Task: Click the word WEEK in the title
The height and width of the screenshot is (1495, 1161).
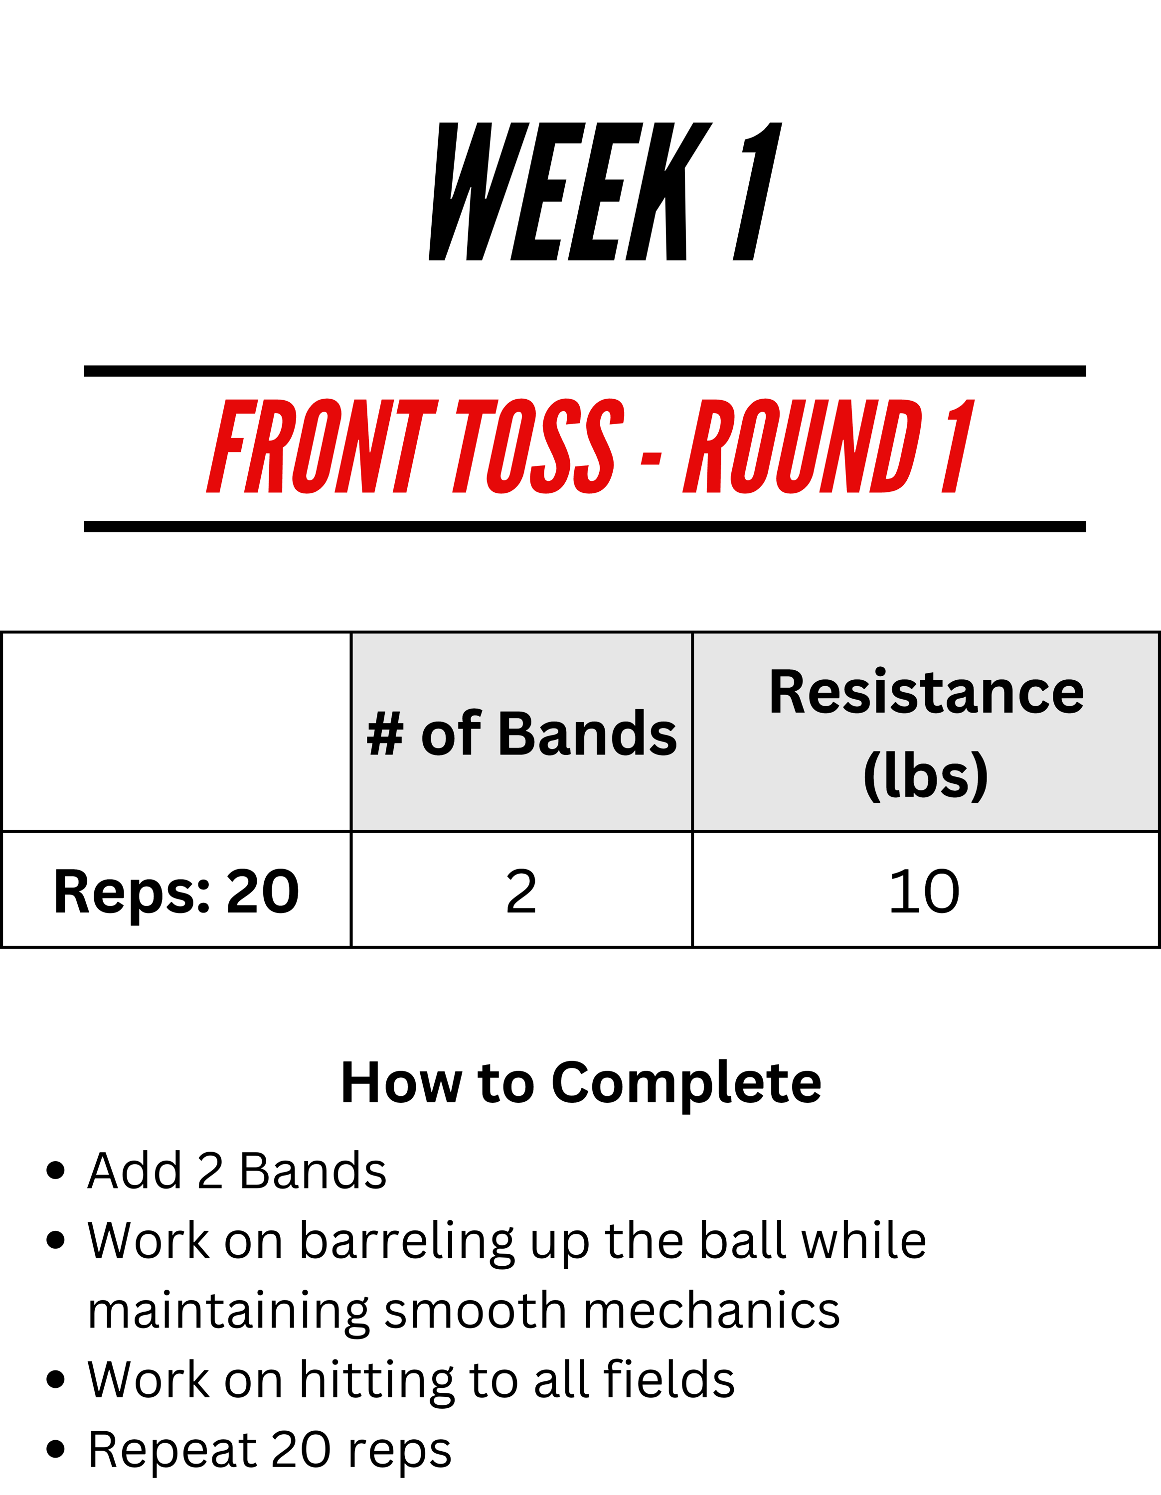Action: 570,192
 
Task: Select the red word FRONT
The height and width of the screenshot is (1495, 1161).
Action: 322,447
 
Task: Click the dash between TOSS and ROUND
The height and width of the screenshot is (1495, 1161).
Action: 651,459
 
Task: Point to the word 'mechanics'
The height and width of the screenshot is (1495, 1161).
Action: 712,1312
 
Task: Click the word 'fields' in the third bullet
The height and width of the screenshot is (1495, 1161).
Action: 669,1379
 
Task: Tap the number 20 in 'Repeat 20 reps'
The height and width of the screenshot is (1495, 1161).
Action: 302,1449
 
